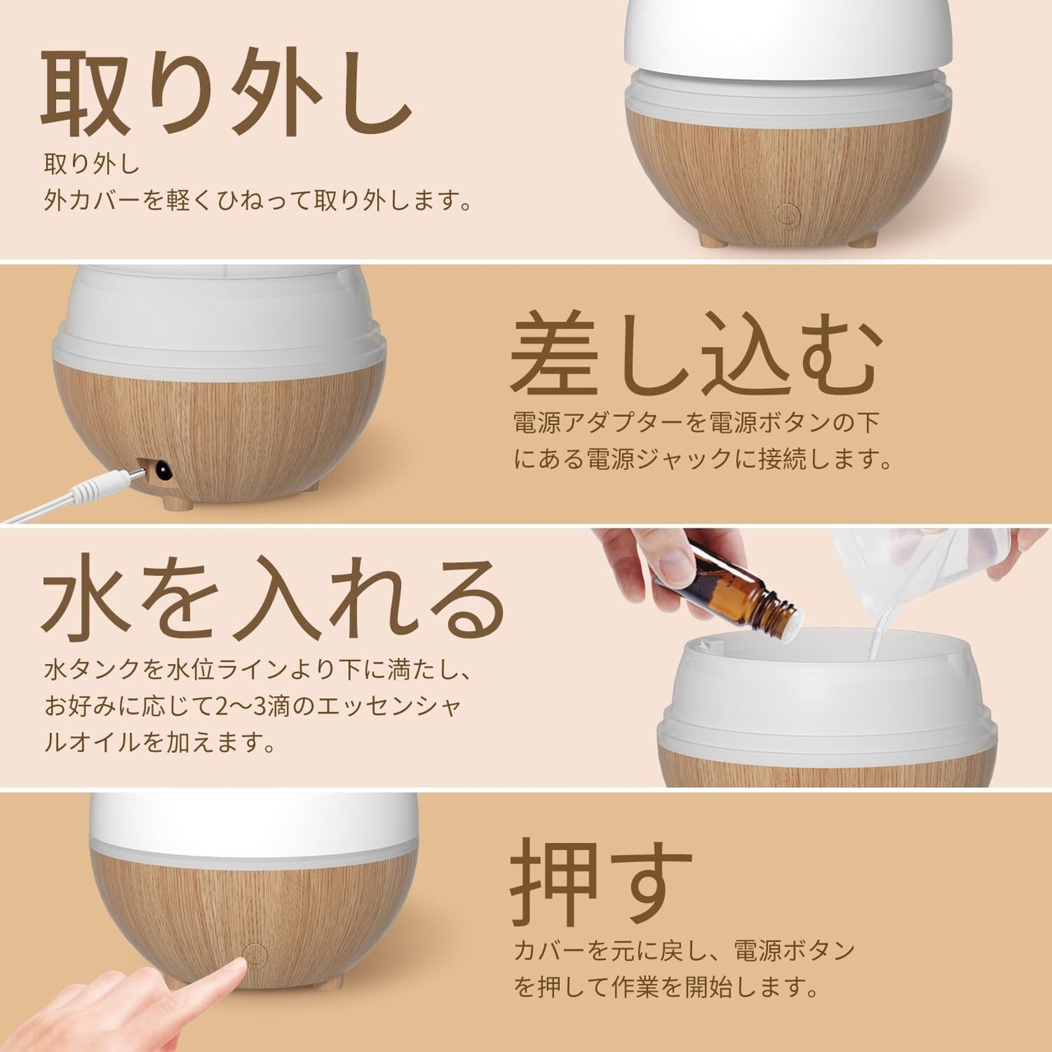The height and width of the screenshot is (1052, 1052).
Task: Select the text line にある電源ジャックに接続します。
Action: click(x=703, y=459)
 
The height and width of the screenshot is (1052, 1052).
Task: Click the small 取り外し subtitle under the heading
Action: click(x=92, y=164)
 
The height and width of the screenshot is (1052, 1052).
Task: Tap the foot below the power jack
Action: click(x=178, y=503)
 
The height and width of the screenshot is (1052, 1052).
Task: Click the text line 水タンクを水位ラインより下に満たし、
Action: click(x=257, y=670)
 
